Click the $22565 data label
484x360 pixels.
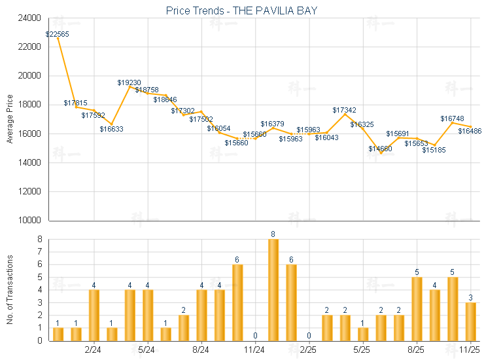point(58,33)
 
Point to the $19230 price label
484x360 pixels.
point(130,82)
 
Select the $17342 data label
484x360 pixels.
point(345,110)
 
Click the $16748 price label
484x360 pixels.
point(452,118)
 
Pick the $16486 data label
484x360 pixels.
point(470,131)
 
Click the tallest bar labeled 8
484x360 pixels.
point(273,290)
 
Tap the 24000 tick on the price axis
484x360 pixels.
point(31,18)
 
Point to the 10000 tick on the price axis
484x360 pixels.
point(31,220)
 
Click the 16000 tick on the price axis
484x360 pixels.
point(31,134)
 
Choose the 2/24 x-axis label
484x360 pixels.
point(94,351)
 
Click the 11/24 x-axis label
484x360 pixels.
point(255,351)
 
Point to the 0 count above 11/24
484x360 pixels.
point(255,336)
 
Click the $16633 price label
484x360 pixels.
point(111,129)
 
